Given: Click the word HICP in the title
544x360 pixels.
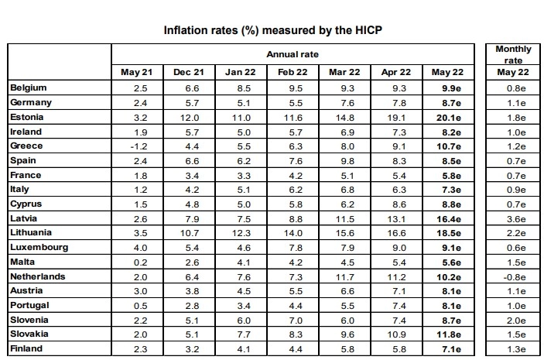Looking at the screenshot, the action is [x=368, y=30].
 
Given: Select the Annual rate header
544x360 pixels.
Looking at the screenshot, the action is [x=293, y=54].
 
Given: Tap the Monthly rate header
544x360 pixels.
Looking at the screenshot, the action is [x=513, y=54].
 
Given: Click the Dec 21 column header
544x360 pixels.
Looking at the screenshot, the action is [x=189, y=72].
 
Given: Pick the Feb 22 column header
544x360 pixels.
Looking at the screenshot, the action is [x=293, y=72].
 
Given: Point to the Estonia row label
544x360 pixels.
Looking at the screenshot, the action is [x=27, y=117].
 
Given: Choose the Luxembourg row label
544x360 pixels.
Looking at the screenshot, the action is [x=39, y=247].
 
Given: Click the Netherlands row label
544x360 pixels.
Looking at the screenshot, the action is [x=38, y=276].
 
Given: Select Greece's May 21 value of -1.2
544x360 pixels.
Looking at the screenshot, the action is [x=139, y=146].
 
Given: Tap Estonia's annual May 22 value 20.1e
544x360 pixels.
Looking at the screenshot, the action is [x=449, y=118].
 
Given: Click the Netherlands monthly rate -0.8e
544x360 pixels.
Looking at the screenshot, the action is [x=514, y=277].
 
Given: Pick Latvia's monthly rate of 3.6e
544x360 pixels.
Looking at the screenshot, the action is [x=516, y=219].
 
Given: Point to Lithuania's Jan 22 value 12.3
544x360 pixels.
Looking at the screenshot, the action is [x=241, y=233].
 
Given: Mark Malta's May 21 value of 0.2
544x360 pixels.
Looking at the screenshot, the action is [x=141, y=262].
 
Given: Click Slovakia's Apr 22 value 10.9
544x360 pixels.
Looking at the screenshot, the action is [x=396, y=334].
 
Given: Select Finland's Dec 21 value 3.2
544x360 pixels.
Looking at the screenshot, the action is [x=192, y=349].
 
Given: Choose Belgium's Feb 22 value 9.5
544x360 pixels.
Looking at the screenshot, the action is [x=296, y=88].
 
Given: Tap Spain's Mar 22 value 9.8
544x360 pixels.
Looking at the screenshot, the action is [x=347, y=161].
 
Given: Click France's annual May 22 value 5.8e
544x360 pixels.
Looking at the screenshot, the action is [x=451, y=176].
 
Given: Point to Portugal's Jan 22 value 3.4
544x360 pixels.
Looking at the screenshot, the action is [x=244, y=306].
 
